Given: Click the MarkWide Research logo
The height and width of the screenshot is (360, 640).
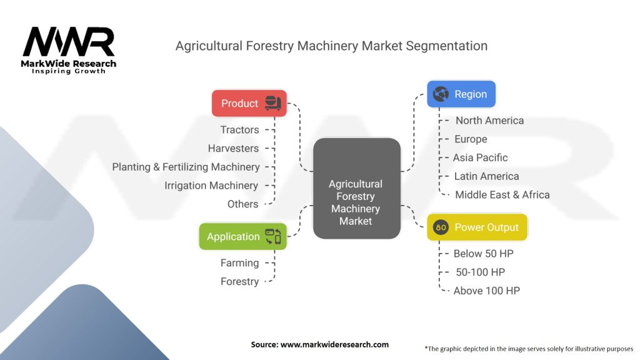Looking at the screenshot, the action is coord(69,50).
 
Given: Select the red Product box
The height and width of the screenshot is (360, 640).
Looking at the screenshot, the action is coord(249,103).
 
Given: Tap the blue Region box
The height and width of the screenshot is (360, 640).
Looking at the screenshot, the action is coord(461,94).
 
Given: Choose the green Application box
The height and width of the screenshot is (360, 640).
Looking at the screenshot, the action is coord(242,236).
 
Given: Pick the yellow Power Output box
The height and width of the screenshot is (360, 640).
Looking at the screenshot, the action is coord(477,227).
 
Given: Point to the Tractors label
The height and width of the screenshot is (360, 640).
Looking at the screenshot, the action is coord(239,129).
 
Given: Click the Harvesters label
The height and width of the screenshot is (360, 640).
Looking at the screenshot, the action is coord(233,148).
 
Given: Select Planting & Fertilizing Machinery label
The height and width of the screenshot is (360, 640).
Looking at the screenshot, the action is coord(186,167).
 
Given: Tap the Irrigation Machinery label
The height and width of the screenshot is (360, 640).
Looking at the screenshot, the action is coord(211,186).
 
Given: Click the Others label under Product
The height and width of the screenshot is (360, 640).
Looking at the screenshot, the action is coord(242,204).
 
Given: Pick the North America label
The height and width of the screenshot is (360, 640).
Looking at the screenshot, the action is coord(489,121).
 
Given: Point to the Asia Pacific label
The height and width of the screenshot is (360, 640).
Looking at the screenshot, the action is coord(480,157).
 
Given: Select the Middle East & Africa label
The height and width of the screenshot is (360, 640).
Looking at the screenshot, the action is coord(502,194).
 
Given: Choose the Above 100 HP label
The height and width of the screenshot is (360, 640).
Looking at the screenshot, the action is coord(486,291).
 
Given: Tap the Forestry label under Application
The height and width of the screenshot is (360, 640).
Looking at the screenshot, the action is coord(239,281).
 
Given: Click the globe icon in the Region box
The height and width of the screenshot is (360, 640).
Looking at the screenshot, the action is coord(441,94).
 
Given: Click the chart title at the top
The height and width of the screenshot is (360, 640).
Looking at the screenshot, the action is coord(331,46).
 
